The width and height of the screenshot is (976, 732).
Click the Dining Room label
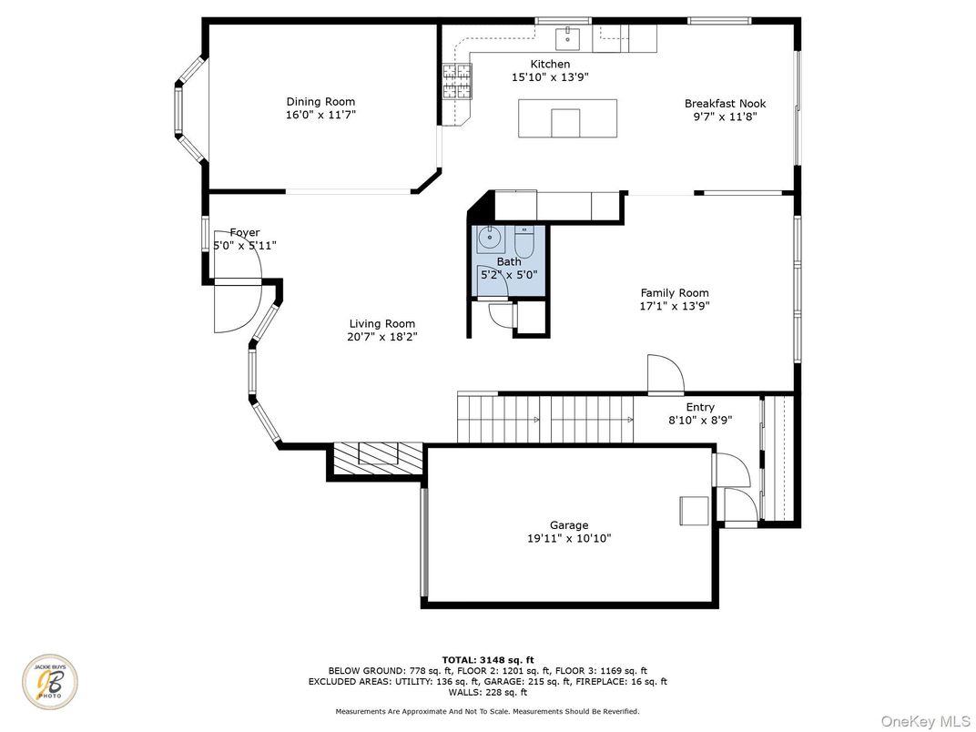coord(320,101)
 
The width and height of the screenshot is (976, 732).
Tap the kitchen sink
coord(568,38)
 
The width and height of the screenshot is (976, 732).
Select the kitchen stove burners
coord(457,82)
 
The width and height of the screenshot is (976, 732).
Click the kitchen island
coord(568,118)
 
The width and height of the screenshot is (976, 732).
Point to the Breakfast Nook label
coord(725,103)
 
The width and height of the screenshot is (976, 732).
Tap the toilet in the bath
coord(524,243)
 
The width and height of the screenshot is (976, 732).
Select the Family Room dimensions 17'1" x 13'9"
coord(675,306)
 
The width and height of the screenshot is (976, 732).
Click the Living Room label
coord(381,324)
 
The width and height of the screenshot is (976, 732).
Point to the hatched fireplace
coord(377,460)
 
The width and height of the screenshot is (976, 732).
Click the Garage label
coord(569,525)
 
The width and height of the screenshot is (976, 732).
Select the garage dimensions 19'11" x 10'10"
coord(569,538)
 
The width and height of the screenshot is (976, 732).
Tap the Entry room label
coord(700,407)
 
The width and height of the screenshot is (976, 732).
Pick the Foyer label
coord(245,233)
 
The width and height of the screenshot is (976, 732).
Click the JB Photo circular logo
coord(50,682)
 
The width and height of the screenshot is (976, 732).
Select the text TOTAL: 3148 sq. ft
coord(488,660)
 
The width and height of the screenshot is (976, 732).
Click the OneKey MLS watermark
coord(925,721)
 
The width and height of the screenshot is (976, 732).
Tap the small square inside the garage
coord(694,511)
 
